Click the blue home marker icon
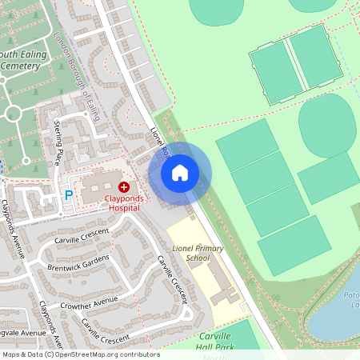[180, 173]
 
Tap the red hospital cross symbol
[123, 186]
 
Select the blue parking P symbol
[69, 194]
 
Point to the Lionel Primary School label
[198, 254]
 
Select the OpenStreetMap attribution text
[81, 354]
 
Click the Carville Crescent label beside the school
[172, 279]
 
